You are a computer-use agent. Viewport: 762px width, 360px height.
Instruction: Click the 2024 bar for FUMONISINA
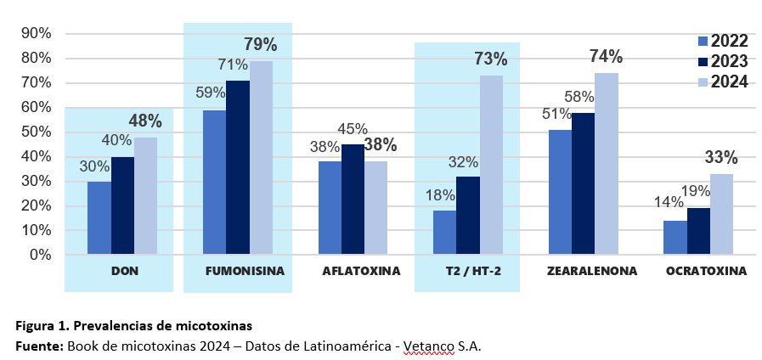coord(261,158)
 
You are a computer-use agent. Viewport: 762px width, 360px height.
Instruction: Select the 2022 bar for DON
coord(99,217)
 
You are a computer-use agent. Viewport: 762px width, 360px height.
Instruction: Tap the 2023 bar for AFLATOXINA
coord(353,200)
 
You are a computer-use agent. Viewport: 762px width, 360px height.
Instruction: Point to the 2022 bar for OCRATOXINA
coord(675,237)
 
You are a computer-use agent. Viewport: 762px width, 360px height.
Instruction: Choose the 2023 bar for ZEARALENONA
coord(584,183)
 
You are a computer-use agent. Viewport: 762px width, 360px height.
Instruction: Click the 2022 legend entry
coord(722,42)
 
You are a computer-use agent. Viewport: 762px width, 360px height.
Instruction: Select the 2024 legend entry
coord(722,82)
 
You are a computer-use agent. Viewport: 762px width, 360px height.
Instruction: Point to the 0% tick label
coord(40,255)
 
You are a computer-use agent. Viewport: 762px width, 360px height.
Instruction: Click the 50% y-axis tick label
coord(37,132)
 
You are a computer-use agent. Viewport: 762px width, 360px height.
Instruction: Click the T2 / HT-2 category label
coord(468,273)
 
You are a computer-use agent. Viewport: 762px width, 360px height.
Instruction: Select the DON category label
coord(125,273)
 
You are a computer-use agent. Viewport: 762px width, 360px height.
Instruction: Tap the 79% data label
coord(261,45)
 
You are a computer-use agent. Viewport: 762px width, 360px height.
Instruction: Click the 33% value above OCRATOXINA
coord(721,158)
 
